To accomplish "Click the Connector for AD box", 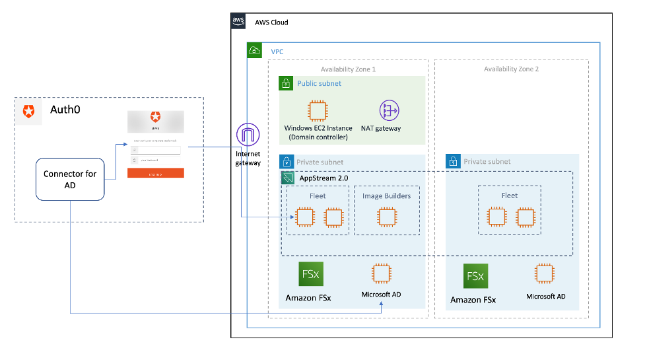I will click(70, 179).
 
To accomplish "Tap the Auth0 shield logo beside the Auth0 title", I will click(28, 112).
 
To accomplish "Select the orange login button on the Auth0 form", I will click(156, 173).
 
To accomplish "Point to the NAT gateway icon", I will click(390, 110).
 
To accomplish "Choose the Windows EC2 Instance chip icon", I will click(318, 110).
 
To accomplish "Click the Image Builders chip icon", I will click(386, 217).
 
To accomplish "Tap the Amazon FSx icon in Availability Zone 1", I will click(310, 274).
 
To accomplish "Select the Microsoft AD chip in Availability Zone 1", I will click(381, 273).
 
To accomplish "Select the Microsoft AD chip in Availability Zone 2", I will click(545, 273).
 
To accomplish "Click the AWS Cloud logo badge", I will click(238, 22).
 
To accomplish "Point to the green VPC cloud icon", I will click(254, 50).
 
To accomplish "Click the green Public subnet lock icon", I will click(286, 84).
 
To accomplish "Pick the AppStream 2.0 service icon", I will click(288, 178).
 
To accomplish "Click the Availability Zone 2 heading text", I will click(511, 69).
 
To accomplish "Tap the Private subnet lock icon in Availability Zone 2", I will click(453, 161).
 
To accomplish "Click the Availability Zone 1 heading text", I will click(348, 69).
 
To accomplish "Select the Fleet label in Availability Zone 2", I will click(510, 196).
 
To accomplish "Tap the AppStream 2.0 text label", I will click(323, 178).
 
